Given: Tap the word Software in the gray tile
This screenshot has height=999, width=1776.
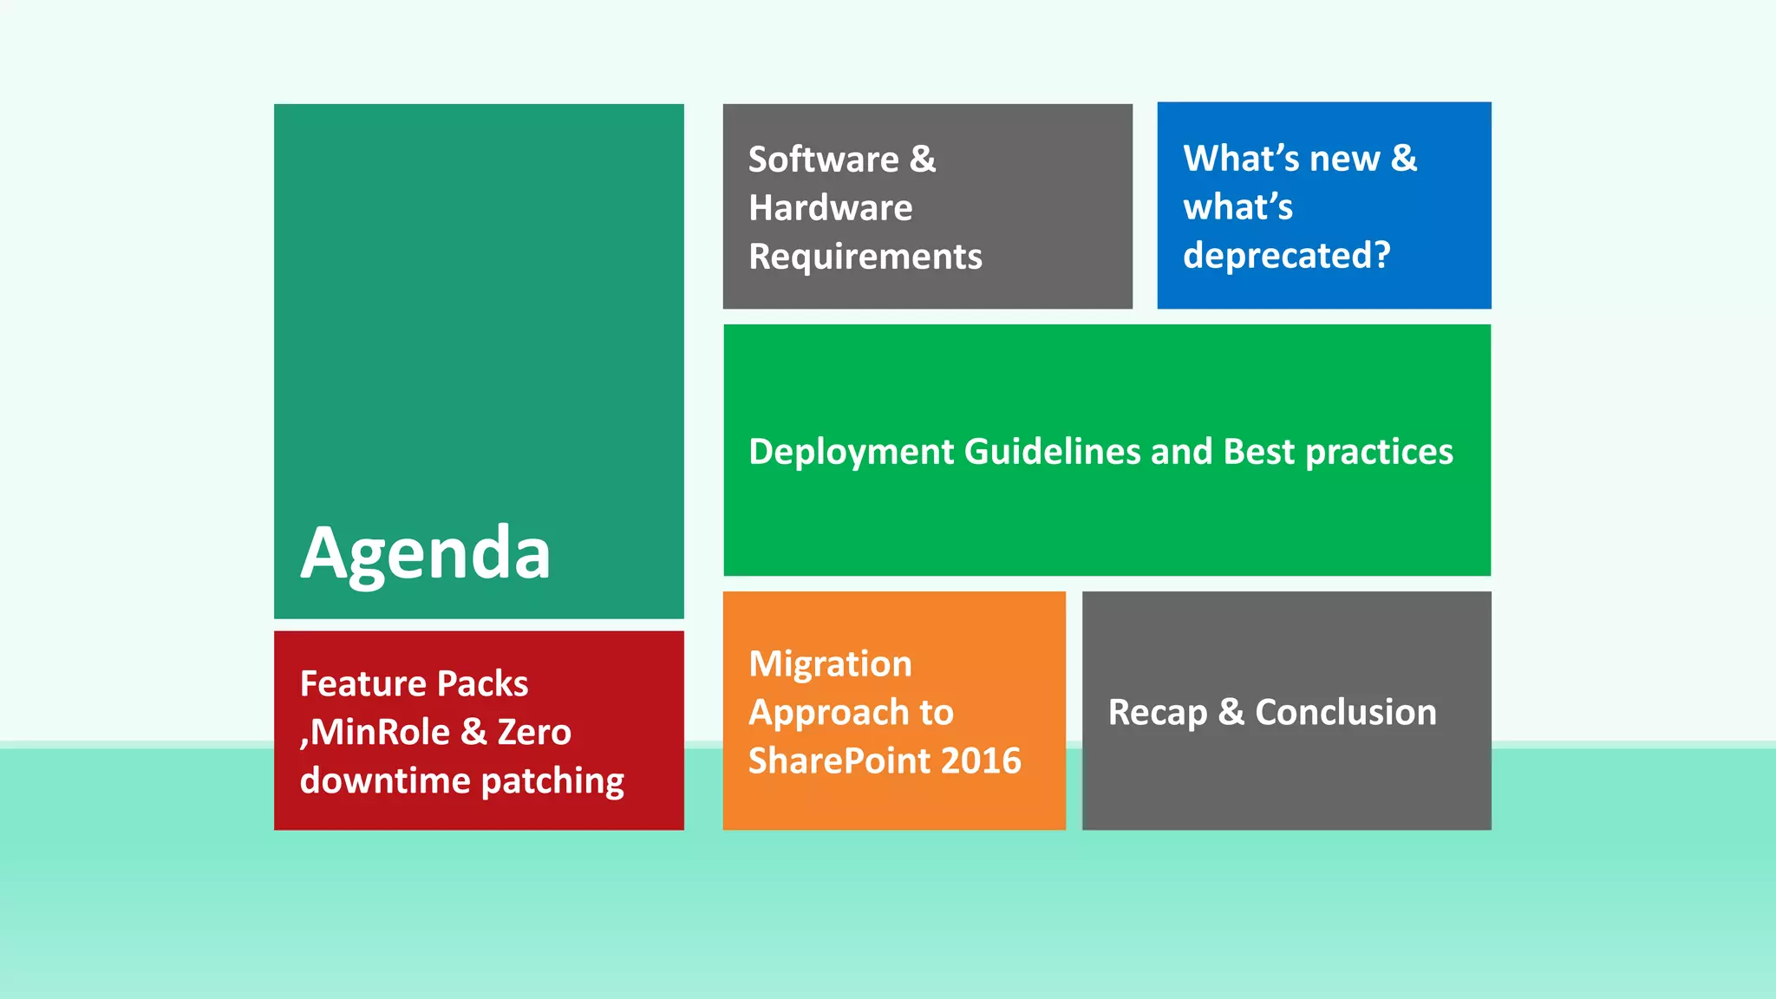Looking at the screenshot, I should coord(823,160).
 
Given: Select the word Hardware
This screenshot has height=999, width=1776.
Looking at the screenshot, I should coord(830,208).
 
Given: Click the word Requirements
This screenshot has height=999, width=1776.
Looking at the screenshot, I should coord(865,257).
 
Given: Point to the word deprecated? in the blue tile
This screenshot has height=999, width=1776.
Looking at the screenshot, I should coord(1286,256).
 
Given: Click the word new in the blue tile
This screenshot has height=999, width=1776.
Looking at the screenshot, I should coord(1344,159).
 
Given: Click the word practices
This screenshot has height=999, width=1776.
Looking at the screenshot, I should coord(1379,452).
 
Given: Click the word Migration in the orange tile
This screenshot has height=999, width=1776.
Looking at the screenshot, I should coord(830,664).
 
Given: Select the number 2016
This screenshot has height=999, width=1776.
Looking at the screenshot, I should coord(981,761).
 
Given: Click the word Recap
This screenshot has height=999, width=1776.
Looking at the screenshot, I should coord(1157,713).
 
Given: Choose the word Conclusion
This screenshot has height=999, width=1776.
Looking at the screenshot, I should coord(1345,713).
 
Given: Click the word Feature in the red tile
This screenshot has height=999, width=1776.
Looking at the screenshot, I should coord(362,684).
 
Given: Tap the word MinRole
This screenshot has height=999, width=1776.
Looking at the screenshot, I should coord(379,733).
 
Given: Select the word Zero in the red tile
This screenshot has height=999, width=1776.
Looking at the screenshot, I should coord(533,733).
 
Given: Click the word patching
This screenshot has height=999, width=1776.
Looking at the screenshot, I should coord(552,781).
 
